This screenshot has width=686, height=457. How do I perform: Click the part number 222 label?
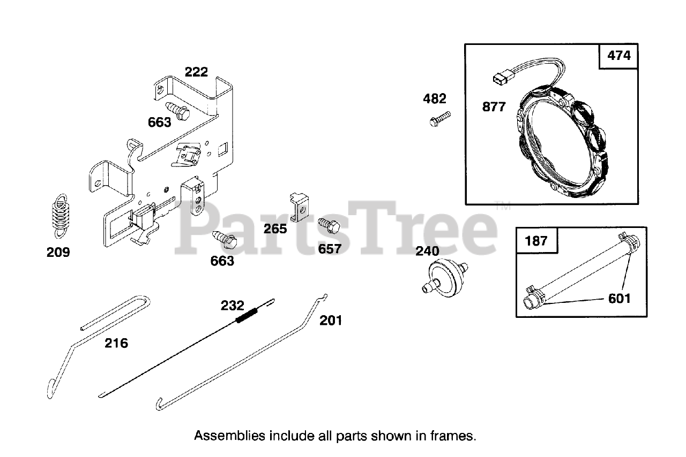pos(196,72)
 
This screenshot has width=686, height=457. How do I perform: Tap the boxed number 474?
pos(619,55)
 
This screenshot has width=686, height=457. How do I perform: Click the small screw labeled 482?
pos(441,118)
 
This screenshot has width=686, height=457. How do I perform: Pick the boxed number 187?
pos(536,240)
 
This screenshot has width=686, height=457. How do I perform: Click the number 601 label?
pos(619,298)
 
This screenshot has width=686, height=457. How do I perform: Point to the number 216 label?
pos(116,343)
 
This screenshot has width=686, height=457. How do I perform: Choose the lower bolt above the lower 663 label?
pos(225,240)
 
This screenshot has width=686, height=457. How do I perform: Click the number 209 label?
pos(58,252)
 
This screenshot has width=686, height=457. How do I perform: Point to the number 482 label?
pos(434,98)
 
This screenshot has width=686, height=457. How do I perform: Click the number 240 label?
pos(427,251)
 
